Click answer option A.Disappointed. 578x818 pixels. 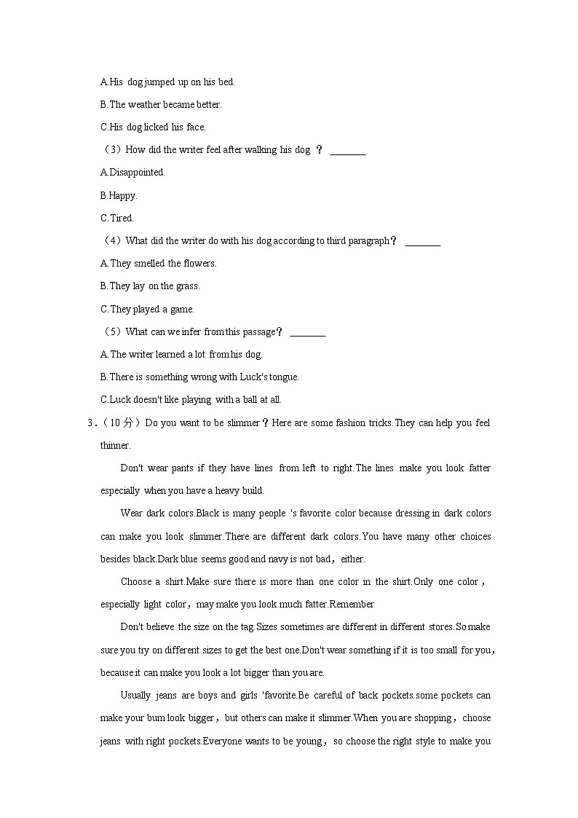pyautogui.click(x=132, y=173)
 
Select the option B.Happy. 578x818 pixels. pyautogui.click(x=119, y=195)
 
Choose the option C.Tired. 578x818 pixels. pyautogui.click(x=117, y=218)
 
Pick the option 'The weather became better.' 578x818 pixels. pyautogui.click(x=161, y=104)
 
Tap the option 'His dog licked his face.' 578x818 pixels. pyautogui.click(x=153, y=127)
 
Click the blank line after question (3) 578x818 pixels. pyautogui.click(x=348, y=151)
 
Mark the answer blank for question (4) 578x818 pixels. pyautogui.click(x=422, y=242)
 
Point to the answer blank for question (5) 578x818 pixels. pyautogui.click(x=307, y=333)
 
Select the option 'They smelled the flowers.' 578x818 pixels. pyautogui.click(x=158, y=263)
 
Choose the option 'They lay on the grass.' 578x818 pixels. pyautogui.click(x=150, y=286)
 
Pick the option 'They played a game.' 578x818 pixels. pyautogui.click(x=147, y=309)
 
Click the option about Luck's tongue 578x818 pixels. pyautogui.click(x=199, y=377)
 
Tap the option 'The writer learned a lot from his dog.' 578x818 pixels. pyautogui.click(x=181, y=354)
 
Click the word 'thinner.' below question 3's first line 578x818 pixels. pyautogui.click(x=116, y=445)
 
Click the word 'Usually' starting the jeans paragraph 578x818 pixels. pyautogui.click(x=135, y=695)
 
